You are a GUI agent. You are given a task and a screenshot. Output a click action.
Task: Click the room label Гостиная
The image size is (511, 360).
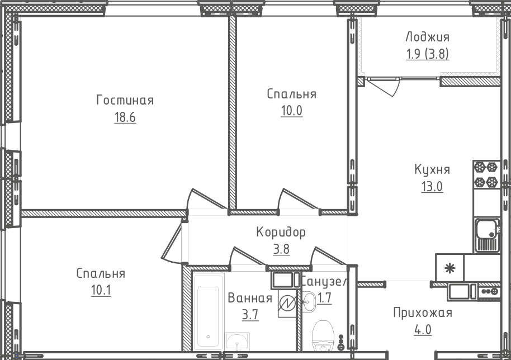click(x=125, y=101)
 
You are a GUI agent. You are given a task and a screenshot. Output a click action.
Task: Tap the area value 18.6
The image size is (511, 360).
click(x=125, y=117)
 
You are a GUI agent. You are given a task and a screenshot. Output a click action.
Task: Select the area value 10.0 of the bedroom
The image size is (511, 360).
click(x=291, y=111)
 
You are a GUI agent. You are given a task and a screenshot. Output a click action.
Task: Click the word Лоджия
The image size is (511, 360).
click(x=427, y=37)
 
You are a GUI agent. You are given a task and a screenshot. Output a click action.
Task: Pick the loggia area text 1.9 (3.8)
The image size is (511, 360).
click(x=427, y=54)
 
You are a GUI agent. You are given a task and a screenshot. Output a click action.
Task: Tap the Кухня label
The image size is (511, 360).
click(x=432, y=170)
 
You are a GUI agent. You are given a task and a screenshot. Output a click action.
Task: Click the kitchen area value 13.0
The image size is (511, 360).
click(x=432, y=187)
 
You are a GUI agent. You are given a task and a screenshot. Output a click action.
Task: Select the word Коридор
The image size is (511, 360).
click(x=281, y=232)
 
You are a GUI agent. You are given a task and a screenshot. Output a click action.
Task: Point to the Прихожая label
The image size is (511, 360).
click(x=422, y=313)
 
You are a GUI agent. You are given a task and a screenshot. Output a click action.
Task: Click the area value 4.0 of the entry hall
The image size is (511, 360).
click(x=422, y=329)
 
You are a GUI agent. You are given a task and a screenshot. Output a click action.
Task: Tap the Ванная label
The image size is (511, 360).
click(x=249, y=299)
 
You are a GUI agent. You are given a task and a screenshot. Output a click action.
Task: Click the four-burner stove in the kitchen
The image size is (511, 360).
click(x=485, y=174)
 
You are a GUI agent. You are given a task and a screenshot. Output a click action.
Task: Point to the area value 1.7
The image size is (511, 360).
click(x=324, y=298)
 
